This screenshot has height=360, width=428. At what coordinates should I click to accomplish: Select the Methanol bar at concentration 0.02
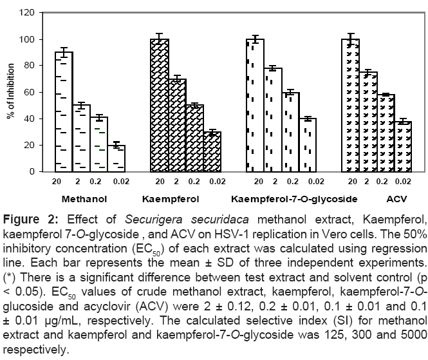coord(116,158)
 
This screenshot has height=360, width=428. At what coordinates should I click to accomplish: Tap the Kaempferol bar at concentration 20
coord(160,106)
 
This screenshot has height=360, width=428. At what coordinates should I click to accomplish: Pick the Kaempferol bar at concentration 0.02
coord(212,152)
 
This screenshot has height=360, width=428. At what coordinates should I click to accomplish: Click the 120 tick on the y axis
coord(26,12)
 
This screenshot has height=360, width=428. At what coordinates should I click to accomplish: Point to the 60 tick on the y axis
coord(28,92)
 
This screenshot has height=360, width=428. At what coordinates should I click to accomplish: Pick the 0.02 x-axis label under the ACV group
coord(403,182)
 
